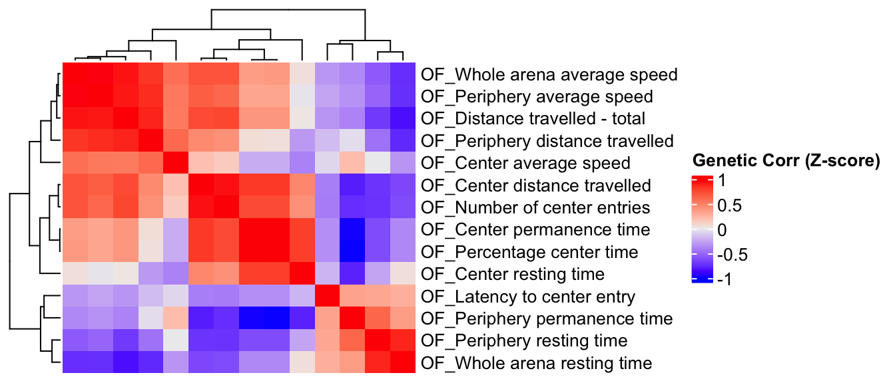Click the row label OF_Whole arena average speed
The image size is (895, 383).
(x=549, y=74)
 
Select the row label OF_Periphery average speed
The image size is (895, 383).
(x=537, y=96)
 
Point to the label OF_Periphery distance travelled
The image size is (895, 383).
(x=547, y=141)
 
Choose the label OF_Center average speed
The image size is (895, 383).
(x=525, y=163)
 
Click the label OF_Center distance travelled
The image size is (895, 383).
(x=536, y=186)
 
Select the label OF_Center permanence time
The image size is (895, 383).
(x=535, y=230)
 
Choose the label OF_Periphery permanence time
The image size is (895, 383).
(x=547, y=319)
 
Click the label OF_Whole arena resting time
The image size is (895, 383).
(x=536, y=363)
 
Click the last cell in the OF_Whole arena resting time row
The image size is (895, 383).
(x=402, y=363)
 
